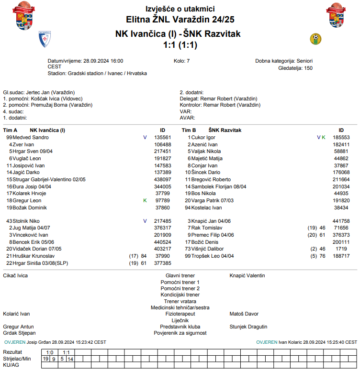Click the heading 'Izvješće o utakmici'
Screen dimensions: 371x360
coord(180,9)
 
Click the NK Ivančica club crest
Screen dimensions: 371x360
coord(45,39)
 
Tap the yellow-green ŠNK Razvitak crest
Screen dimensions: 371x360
coord(315,38)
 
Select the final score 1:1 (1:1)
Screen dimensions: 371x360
coord(180,45)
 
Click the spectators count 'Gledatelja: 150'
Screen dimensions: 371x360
coord(295,68)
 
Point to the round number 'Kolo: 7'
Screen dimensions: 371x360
coord(181,61)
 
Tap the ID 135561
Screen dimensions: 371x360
coord(163,137)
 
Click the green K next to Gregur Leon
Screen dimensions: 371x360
coord(145,200)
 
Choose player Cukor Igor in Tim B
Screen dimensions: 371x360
coord(203,137)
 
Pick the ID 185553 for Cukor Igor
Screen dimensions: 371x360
coord(341,137)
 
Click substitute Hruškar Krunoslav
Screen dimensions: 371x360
coord(34,256)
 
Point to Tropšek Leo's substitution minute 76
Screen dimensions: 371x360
coord(322,256)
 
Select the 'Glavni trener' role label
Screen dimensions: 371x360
coord(180,276)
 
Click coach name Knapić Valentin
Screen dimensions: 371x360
coord(247,276)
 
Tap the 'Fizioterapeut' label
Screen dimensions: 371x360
coord(180,314)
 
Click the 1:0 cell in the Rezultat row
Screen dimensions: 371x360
coord(49,352)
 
